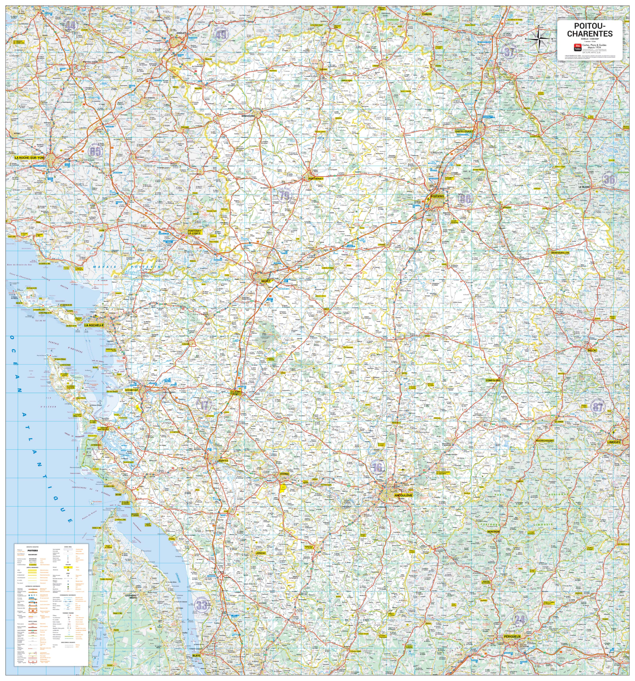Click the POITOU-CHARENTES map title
(x=590, y=30)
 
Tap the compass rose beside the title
(x=539, y=39)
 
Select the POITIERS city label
(x=437, y=197)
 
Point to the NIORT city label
(x=265, y=281)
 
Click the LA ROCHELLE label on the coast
(x=94, y=325)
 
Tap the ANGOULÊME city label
(x=403, y=495)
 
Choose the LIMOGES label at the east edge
(x=613, y=442)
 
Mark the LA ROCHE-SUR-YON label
(x=30, y=158)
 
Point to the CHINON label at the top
(x=427, y=14)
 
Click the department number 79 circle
(x=284, y=196)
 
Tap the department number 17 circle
(x=204, y=405)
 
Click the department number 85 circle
(x=95, y=151)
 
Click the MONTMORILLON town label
(x=560, y=253)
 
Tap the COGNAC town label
(x=284, y=474)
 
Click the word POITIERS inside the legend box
(x=33, y=550)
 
